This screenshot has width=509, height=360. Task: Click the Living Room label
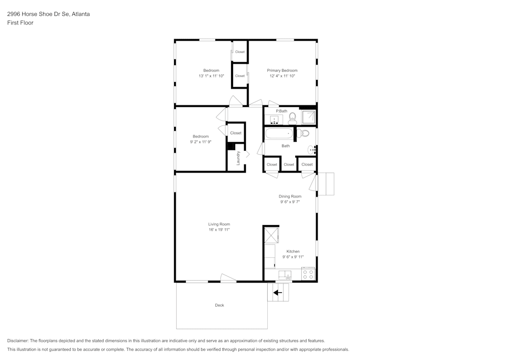pyautogui.click(x=219, y=224)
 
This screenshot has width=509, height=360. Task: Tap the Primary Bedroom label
pyautogui.click(x=282, y=70)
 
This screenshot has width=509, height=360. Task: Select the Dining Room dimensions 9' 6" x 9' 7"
pyautogui.click(x=290, y=202)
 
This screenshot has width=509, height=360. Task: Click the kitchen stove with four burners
pyautogui.click(x=308, y=273)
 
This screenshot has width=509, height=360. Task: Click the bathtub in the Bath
pyautogui.click(x=279, y=133)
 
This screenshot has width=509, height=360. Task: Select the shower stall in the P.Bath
pyautogui.click(x=308, y=117)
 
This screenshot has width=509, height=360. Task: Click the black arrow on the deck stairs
pyautogui.click(x=277, y=293)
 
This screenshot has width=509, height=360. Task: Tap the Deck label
pyautogui.click(x=219, y=305)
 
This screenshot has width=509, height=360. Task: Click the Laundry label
pyautogui.click(x=238, y=158)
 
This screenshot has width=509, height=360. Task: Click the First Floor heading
pyautogui.click(x=20, y=23)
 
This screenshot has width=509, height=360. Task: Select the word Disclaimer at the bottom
pyautogui.click(x=18, y=341)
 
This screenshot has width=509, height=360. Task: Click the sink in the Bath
pyautogui.click(x=312, y=150)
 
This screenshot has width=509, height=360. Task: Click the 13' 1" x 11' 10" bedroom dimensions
pyautogui.click(x=211, y=76)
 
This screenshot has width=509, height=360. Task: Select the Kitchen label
pyautogui.click(x=293, y=251)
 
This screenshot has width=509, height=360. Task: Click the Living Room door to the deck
pyautogui.click(x=228, y=278)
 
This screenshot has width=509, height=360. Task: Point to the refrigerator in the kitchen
pyautogui.click(x=271, y=235)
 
